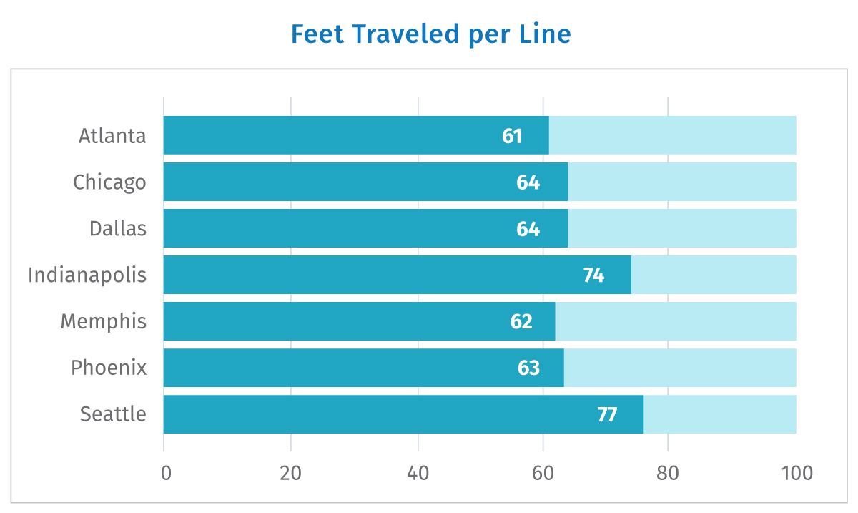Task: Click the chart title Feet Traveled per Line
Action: point(431,34)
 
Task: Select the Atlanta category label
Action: point(112,136)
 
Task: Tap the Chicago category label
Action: point(109,182)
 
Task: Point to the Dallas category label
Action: point(118,228)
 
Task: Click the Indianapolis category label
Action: point(87,275)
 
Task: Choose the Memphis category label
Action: point(104,321)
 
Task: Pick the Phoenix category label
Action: point(109,368)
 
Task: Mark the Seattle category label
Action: point(113,414)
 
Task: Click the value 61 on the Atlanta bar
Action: point(512,136)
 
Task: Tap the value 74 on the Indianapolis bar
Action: point(593,275)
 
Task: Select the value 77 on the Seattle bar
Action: point(607,414)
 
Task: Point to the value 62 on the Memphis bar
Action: point(521,321)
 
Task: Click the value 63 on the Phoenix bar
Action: point(528,368)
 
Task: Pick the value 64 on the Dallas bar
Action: point(528,229)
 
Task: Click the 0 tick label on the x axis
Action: point(166,473)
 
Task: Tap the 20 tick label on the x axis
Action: point(290,473)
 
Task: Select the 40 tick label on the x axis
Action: point(418,473)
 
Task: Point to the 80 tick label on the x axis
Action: point(668,473)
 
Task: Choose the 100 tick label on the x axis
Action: point(797,473)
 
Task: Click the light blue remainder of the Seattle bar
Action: point(720,414)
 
